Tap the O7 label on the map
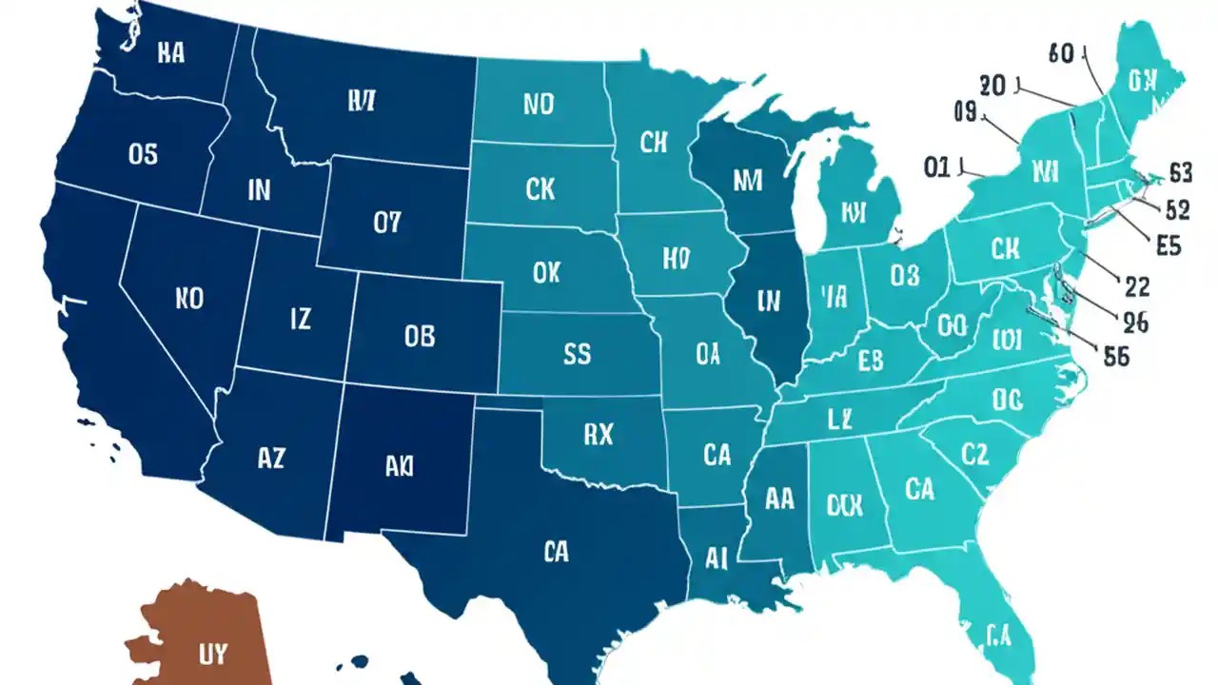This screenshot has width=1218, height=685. (387, 223)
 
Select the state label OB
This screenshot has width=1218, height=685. (419, 335)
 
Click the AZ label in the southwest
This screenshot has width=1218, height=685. (270, 458)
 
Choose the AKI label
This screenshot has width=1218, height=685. (400, 466)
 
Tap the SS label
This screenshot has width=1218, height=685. (577, 354)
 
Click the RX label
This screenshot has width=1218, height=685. (598, 435)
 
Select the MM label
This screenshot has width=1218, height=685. (748, 180)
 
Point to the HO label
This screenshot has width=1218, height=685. (675, 257)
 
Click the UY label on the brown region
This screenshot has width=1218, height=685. (213, 654)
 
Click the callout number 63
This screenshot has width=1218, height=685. (1181, 173)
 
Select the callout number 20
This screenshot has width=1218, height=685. (992, 86)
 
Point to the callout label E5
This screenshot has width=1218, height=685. (1168, 245)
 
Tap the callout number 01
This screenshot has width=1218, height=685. (937, 168)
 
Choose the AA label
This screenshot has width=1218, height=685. (778, 499)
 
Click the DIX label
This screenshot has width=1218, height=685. (844, 505)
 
